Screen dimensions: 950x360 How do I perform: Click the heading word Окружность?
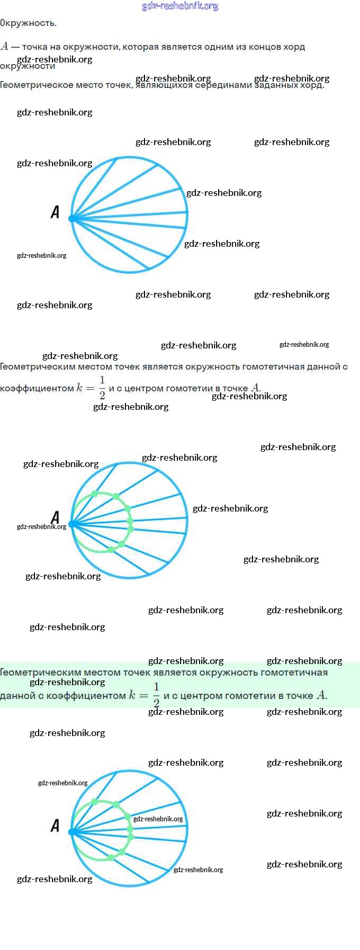pyautogui.click(x=28, y=23)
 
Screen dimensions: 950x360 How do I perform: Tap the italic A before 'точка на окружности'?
pyautogui.click(x=5, y=47)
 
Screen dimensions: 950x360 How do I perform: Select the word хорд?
pyautogui.click(x=294, y=47)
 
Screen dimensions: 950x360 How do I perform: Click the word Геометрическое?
pyautogui.click(x=37, y=85)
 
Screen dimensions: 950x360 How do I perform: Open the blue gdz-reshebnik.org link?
pyautogui.click(x=180, y=6)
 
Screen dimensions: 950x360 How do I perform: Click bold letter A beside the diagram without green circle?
pyautogui.click(x=55, y=212)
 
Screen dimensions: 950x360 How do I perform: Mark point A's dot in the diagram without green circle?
pyautogui.click(x=73, y=218)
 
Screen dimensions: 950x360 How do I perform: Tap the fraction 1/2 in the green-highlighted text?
pyautogui.click(x=156, y=695)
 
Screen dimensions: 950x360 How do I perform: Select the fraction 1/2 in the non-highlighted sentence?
pyautogui.click(x=102, y=387)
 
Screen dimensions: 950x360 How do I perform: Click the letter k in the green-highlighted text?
pyautogui.click(x=132, y=695)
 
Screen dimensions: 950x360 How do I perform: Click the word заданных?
pyautogui.click(x=288, y=85)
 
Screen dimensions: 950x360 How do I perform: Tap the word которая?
pyautogui.click(x=140, y=47)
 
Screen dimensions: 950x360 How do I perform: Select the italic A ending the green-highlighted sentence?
pyautogui.click(x=321, y=695)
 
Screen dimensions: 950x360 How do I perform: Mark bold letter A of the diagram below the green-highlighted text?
pyautogui.click(x=55, y=825)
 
